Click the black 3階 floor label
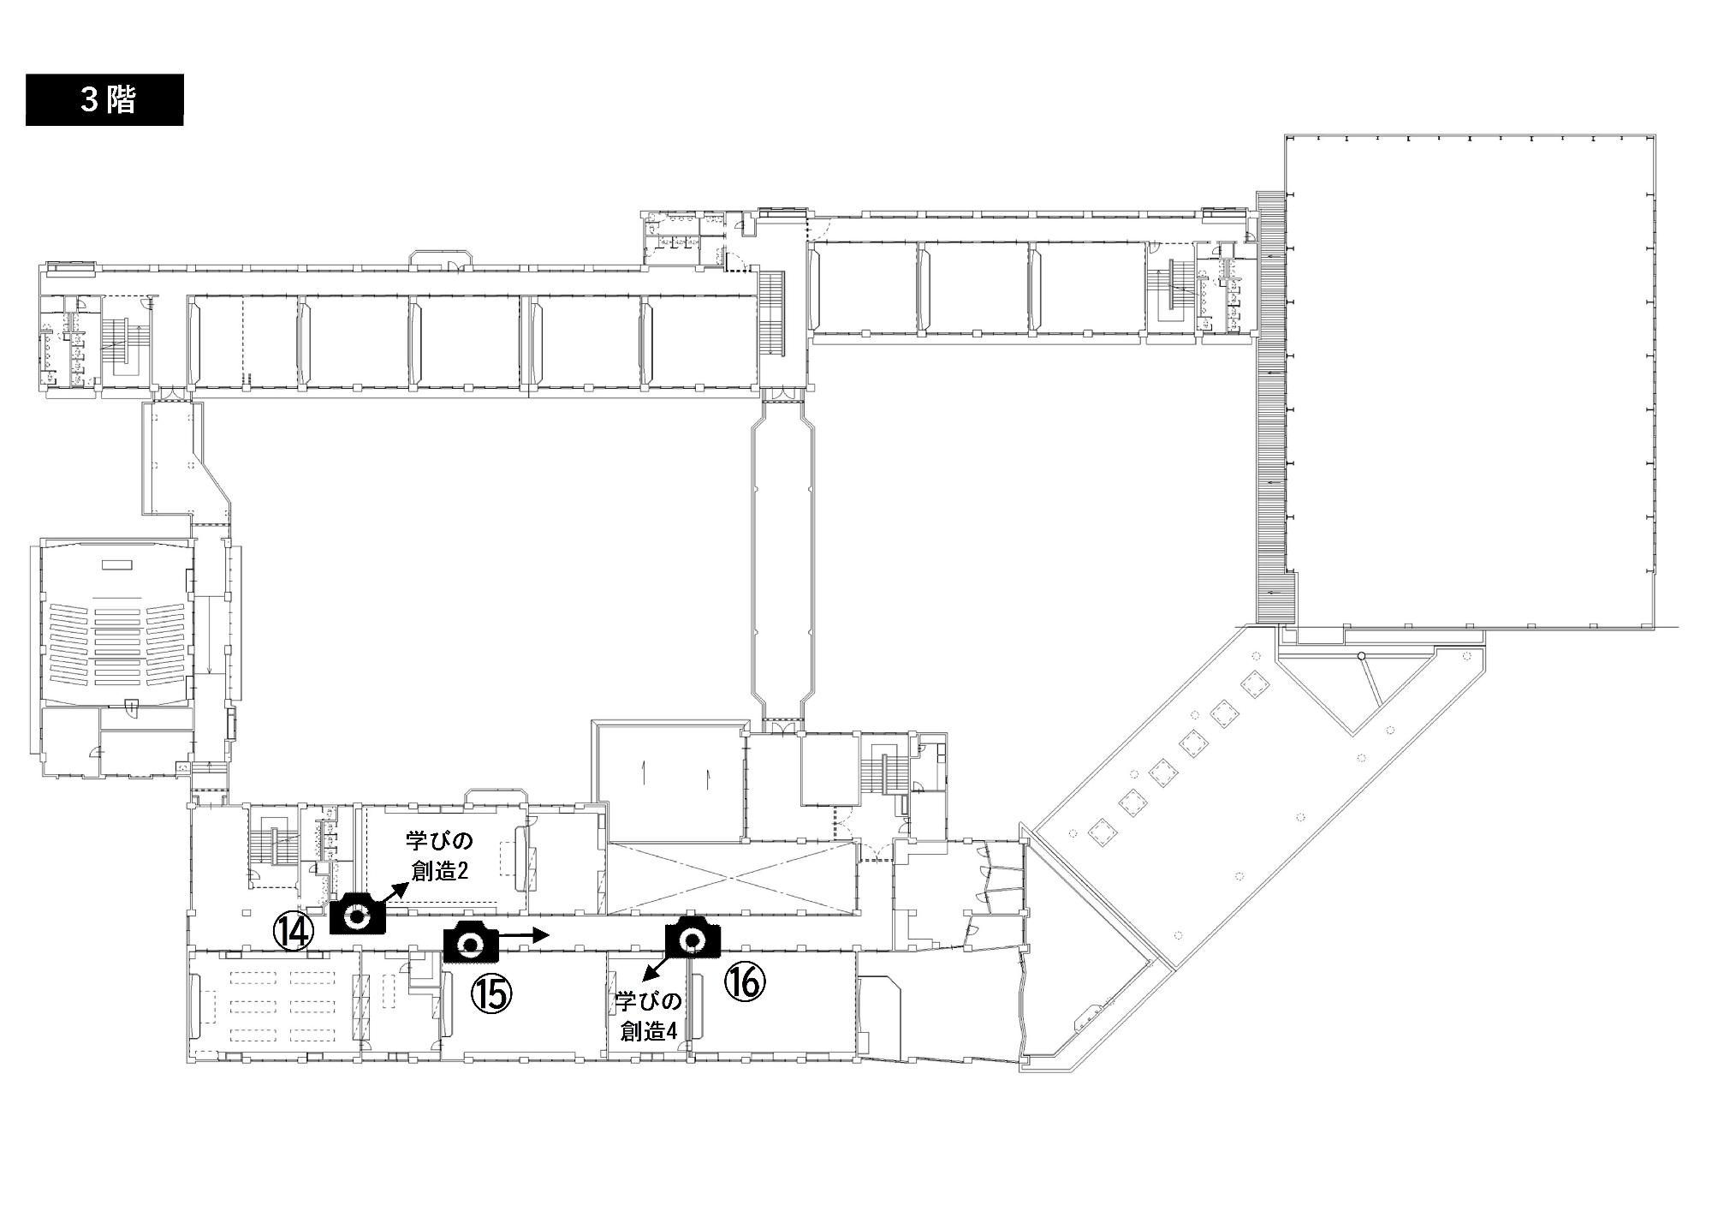104,100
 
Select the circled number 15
491,993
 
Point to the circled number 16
745,981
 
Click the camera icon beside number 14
358,913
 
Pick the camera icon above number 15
471,942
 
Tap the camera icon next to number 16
693,936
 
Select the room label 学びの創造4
648,1017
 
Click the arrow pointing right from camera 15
523,936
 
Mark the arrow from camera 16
657,965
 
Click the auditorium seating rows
117,642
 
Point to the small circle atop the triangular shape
1361,656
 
